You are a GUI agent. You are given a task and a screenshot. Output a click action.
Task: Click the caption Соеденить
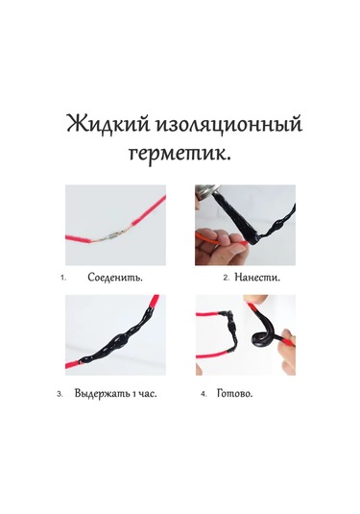[x=115, y=278]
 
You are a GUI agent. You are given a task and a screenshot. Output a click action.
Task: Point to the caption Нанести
[x=257, y=278]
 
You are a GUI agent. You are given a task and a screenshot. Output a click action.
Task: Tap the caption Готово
[x=242, y=393]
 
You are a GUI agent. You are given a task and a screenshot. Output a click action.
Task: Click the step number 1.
[x=62, y=279]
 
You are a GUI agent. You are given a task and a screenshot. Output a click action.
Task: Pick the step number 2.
[x=226, y=278]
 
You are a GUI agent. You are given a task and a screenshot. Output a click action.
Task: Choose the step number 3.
[x=60, y=394]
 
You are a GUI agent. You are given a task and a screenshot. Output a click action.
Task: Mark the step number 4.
[x=204, y=394]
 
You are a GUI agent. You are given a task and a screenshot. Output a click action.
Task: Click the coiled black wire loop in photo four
[x=259, y=339]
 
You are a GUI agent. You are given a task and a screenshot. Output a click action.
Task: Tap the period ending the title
[x=236, y=159]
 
